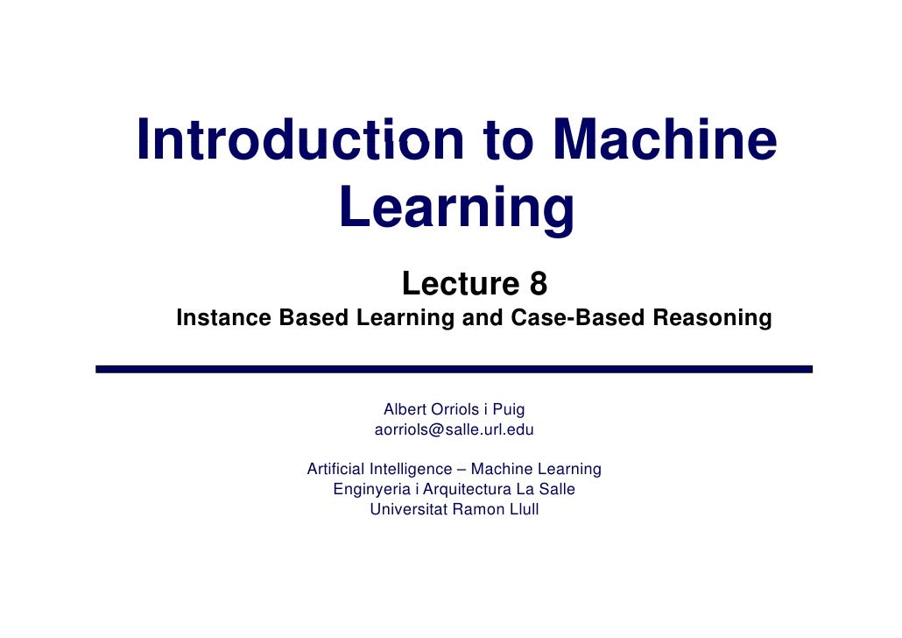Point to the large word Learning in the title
click(x=455, y=209)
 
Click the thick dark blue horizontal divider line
click(x=454, y=370)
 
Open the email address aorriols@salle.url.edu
click(x=454, y=430)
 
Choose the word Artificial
click(x=336, y=469)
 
